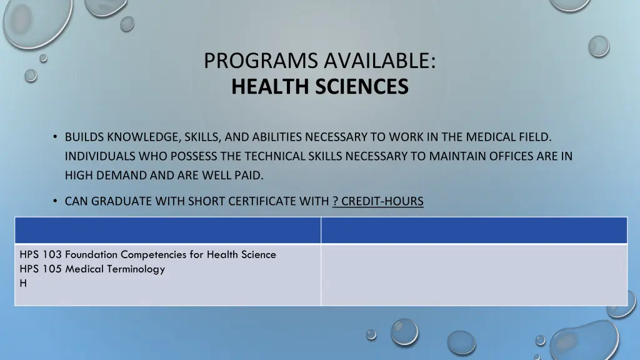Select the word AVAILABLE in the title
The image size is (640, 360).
click(x=377, y=61)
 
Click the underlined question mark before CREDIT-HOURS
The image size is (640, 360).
click(x=336, y=201)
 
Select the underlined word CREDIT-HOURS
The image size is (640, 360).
click(x=382, y=201)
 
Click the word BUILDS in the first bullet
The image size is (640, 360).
click(x=84, y=137)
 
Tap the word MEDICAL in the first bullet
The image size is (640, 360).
click(x=489, y=137)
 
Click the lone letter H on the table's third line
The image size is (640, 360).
click(x=23, y=283)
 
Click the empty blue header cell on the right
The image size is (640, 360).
click(x=474, y=230)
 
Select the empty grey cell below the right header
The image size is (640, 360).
click(x=474, y=274)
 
